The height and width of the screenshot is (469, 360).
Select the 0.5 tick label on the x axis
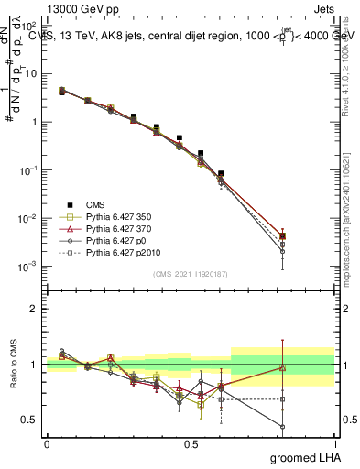[x=191, y=442]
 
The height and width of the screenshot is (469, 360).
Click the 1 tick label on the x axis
[x=336, y=442]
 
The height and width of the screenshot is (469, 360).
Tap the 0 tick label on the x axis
[x=47, y=442]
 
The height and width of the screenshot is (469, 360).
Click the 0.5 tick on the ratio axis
[x=30, y=420]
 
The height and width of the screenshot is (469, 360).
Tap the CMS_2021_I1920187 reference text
[x=191, y=274]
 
